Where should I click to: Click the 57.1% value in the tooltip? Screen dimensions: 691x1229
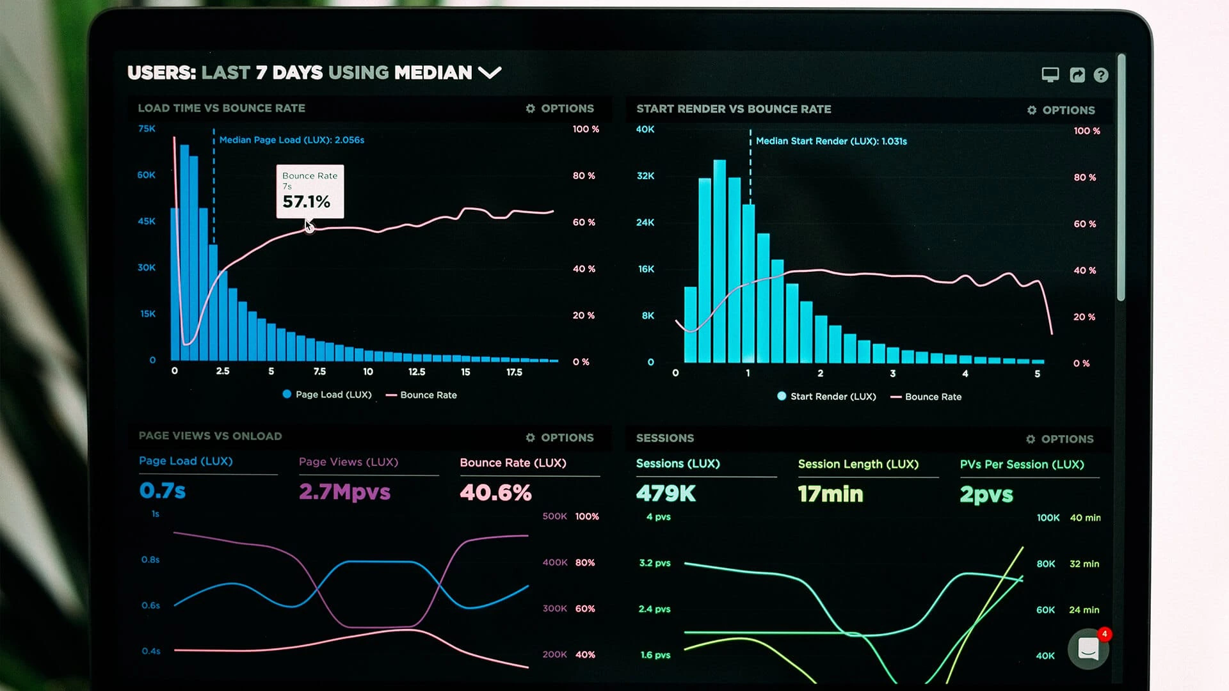tap(307, 202)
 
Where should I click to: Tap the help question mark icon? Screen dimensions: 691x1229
tap(1100, 75)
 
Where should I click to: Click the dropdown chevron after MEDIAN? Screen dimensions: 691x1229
tap(490, 73)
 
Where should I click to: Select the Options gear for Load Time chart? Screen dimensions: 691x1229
tap(531, 109)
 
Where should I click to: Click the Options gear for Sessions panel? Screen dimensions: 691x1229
tap(1031, 440)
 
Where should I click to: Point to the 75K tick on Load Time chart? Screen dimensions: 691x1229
tap(147, 129)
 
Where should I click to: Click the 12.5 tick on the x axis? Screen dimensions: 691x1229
tap(417, 372)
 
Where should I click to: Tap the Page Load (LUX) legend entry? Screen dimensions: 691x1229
tap(327, 395)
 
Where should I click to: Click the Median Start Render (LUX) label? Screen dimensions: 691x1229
tap(831, 141)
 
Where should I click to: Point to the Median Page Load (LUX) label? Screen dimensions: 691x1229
tap(291, 140)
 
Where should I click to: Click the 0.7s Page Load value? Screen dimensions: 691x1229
tap(163, 491)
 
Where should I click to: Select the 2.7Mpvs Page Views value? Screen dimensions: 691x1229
tap(344, 492)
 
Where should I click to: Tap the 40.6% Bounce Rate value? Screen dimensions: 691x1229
tap(495, 493)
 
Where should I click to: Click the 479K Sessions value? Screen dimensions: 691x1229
tap(666, 493)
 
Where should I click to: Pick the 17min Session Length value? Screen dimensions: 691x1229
tap(830, 494)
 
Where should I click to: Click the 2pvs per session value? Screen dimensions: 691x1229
tap(986, 495)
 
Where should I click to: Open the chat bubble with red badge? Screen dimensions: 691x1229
tap(1088, 649)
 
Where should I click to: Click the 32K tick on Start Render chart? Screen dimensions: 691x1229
tap(645, 176)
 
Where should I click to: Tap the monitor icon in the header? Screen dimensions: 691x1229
tap(1050, 75)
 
